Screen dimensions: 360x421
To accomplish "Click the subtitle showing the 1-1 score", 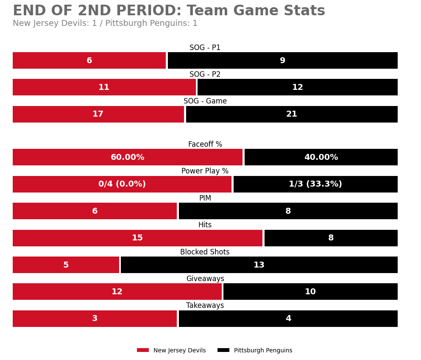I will [x=105, y=24].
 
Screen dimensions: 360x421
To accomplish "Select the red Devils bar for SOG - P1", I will [x=89, y=61].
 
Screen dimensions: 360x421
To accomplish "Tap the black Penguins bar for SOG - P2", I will [x=297, y=87].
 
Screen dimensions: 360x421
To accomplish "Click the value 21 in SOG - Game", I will [x=292, y=114].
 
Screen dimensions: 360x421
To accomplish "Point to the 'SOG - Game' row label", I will [x=205, y=101].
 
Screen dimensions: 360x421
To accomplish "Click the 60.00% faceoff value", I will [x=127, y=157].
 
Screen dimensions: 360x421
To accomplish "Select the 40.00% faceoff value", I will [x=321, y=157].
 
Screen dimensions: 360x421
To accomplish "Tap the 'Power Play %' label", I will [x=205, y=171].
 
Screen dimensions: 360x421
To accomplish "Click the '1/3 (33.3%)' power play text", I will [x=315, y=184].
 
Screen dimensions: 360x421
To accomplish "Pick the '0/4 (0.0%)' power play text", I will [x=122, y=184].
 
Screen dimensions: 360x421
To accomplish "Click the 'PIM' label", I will [x=205, y=198].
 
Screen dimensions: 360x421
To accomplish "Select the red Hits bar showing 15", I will [x=137, y=238].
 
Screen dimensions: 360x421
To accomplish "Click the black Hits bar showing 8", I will [x=331, y=238].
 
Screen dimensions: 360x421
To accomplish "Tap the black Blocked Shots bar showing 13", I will [x=259, y=265].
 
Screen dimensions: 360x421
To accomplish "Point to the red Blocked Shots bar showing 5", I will [x=66, y=265].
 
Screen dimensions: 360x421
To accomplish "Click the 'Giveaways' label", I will [x=205, y=279].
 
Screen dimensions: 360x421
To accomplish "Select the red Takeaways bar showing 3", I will [x=95, y=318].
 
